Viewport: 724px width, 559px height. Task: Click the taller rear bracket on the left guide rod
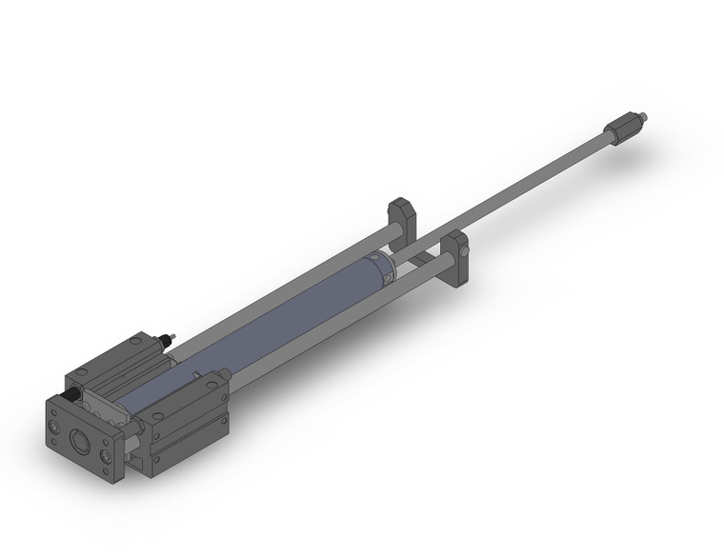click(400, 217)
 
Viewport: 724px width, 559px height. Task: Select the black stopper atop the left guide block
click(170, 338)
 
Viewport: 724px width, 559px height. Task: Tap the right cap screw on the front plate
click(104, 455)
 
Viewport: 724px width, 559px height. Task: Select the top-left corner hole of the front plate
click(54, 412)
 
